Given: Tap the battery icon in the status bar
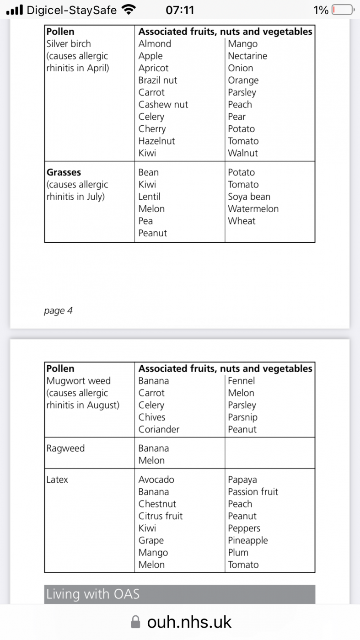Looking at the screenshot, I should tap(342, 10).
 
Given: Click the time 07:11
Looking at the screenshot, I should tap(180, 10).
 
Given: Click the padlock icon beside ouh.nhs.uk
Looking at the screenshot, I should tap(135, 622).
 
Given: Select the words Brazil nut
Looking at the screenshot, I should tap(157, 80).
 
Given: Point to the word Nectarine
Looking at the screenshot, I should tap(247, 56).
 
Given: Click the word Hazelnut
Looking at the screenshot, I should tap(156, 141).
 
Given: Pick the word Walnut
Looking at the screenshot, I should tap(243, 153).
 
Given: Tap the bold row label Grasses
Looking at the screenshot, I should tap(64, 172).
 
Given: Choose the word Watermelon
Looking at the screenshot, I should tap(253, 209).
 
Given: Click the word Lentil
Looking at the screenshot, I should tap(149, 197).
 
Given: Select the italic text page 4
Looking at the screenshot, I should tap(58, 311).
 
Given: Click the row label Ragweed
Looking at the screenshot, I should tap(65, 448).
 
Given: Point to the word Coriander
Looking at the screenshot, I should tap(159, 429).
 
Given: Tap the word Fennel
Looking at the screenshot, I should tap(241, 381).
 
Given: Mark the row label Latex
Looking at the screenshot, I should tap(57, 480).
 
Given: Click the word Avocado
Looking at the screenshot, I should tap(156, 480).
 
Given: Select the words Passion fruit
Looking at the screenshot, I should tap(253, 492).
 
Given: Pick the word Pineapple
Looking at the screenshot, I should tap(247, 540).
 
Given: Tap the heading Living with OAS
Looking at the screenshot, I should tap(93, 594).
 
